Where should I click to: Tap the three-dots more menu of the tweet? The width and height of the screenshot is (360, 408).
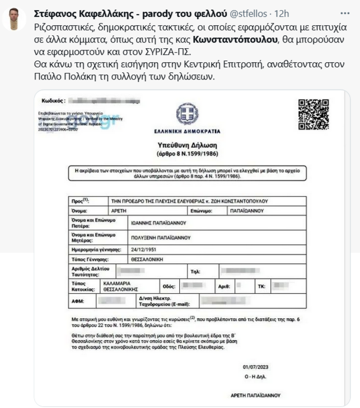(344, 12)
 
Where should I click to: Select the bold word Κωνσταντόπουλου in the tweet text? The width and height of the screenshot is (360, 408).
(235, 40)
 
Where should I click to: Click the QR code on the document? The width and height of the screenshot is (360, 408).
(313, 115)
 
